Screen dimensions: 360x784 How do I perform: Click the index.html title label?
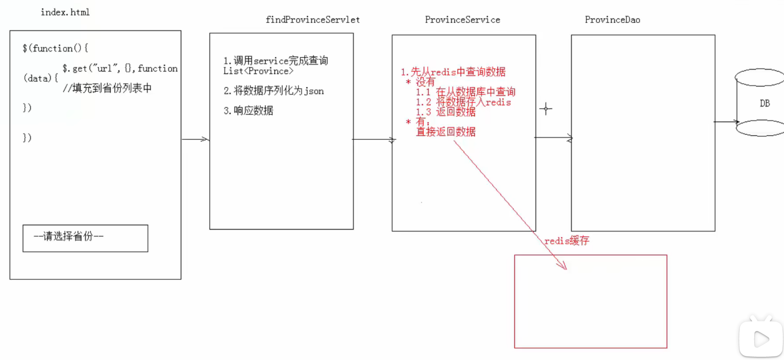65,12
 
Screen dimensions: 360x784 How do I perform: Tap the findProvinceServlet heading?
312,20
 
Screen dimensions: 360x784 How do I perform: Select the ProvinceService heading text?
462,20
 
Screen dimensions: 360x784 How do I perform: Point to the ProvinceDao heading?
612,20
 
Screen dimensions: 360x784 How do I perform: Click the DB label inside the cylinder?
765,103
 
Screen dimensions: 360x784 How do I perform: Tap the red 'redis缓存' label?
567,241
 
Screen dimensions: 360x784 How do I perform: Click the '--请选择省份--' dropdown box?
85,238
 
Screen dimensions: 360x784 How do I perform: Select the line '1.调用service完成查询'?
276,61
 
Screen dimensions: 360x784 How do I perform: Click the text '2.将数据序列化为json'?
274,91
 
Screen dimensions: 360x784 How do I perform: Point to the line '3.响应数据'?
248,110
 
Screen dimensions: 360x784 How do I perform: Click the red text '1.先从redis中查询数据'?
453,72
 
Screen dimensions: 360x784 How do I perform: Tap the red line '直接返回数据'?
446,132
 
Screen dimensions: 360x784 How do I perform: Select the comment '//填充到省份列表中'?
107,88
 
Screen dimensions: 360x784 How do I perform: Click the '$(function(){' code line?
55,48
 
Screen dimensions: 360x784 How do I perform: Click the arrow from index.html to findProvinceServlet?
195,139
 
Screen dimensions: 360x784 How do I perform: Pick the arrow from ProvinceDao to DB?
726,121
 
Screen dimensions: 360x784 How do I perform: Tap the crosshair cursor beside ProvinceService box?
546,109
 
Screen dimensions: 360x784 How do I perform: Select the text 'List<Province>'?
258,71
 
